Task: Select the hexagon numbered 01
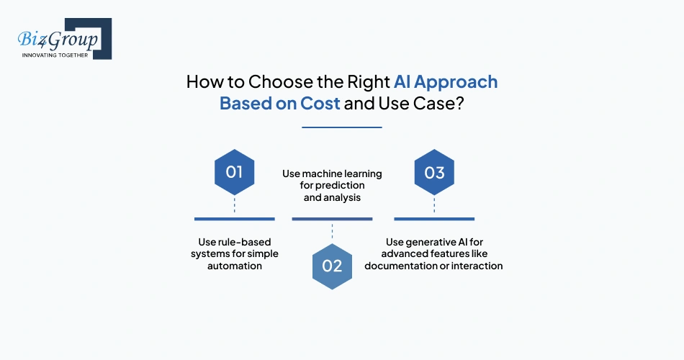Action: click(x=235, y=173)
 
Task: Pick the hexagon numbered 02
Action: click(x=332, y=265)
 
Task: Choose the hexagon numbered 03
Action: click(x=434, y=173)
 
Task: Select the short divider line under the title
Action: click(x=341, y=127)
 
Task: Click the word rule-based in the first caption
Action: click(x=245, y=242)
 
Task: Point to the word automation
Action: click(x=235, y=266)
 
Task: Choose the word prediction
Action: click(x=333, y=186)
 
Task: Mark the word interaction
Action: click(x=477, y=266)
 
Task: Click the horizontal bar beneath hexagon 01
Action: click(x=235, y=218)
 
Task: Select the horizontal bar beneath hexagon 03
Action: click(x=434, y=218)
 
